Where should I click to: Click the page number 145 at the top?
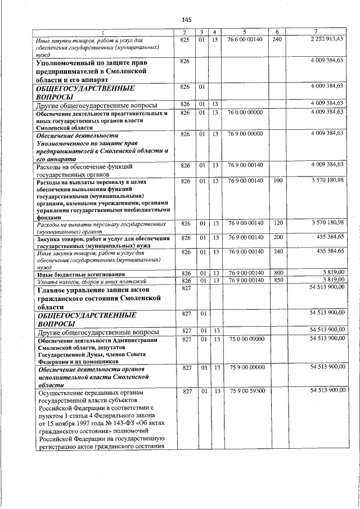click(179, 20)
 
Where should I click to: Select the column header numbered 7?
click(318, 31)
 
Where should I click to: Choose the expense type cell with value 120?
click(277, 223)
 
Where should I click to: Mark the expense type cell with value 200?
click(277, 238)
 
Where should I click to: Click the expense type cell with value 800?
click(277, 273)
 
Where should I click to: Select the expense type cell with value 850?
click(277, 280)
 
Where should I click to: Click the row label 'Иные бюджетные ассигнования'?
click(77, 273)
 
